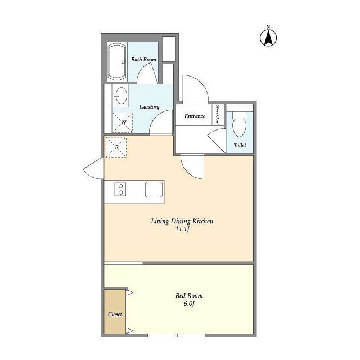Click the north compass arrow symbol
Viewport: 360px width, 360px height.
coord(268,37)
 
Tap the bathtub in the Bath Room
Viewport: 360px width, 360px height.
coord(117,62)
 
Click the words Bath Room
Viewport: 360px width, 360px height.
coord(144,59)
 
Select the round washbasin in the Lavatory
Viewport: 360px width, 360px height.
coord(120,95)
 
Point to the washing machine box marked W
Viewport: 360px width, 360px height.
coord(123,123)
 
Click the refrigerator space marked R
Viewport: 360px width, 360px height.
coord(116,147)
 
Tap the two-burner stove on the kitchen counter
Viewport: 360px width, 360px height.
coord(120,189)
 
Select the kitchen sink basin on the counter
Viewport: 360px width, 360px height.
coord(154,190)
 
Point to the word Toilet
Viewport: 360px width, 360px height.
coord(240,145)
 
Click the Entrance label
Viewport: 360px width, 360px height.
coord(195,116)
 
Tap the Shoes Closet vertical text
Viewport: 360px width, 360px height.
coord(217,115)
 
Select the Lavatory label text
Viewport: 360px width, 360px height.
coord(149,107)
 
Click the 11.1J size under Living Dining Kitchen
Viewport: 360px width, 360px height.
coord(182,229)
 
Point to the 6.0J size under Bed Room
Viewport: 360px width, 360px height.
coord(189,304)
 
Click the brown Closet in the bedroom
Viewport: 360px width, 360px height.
coord(115,311)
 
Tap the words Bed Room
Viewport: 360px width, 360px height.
coord(189,296)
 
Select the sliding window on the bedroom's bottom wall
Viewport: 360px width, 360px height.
coord(176,336)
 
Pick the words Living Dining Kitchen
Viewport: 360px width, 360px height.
coord(182,221)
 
